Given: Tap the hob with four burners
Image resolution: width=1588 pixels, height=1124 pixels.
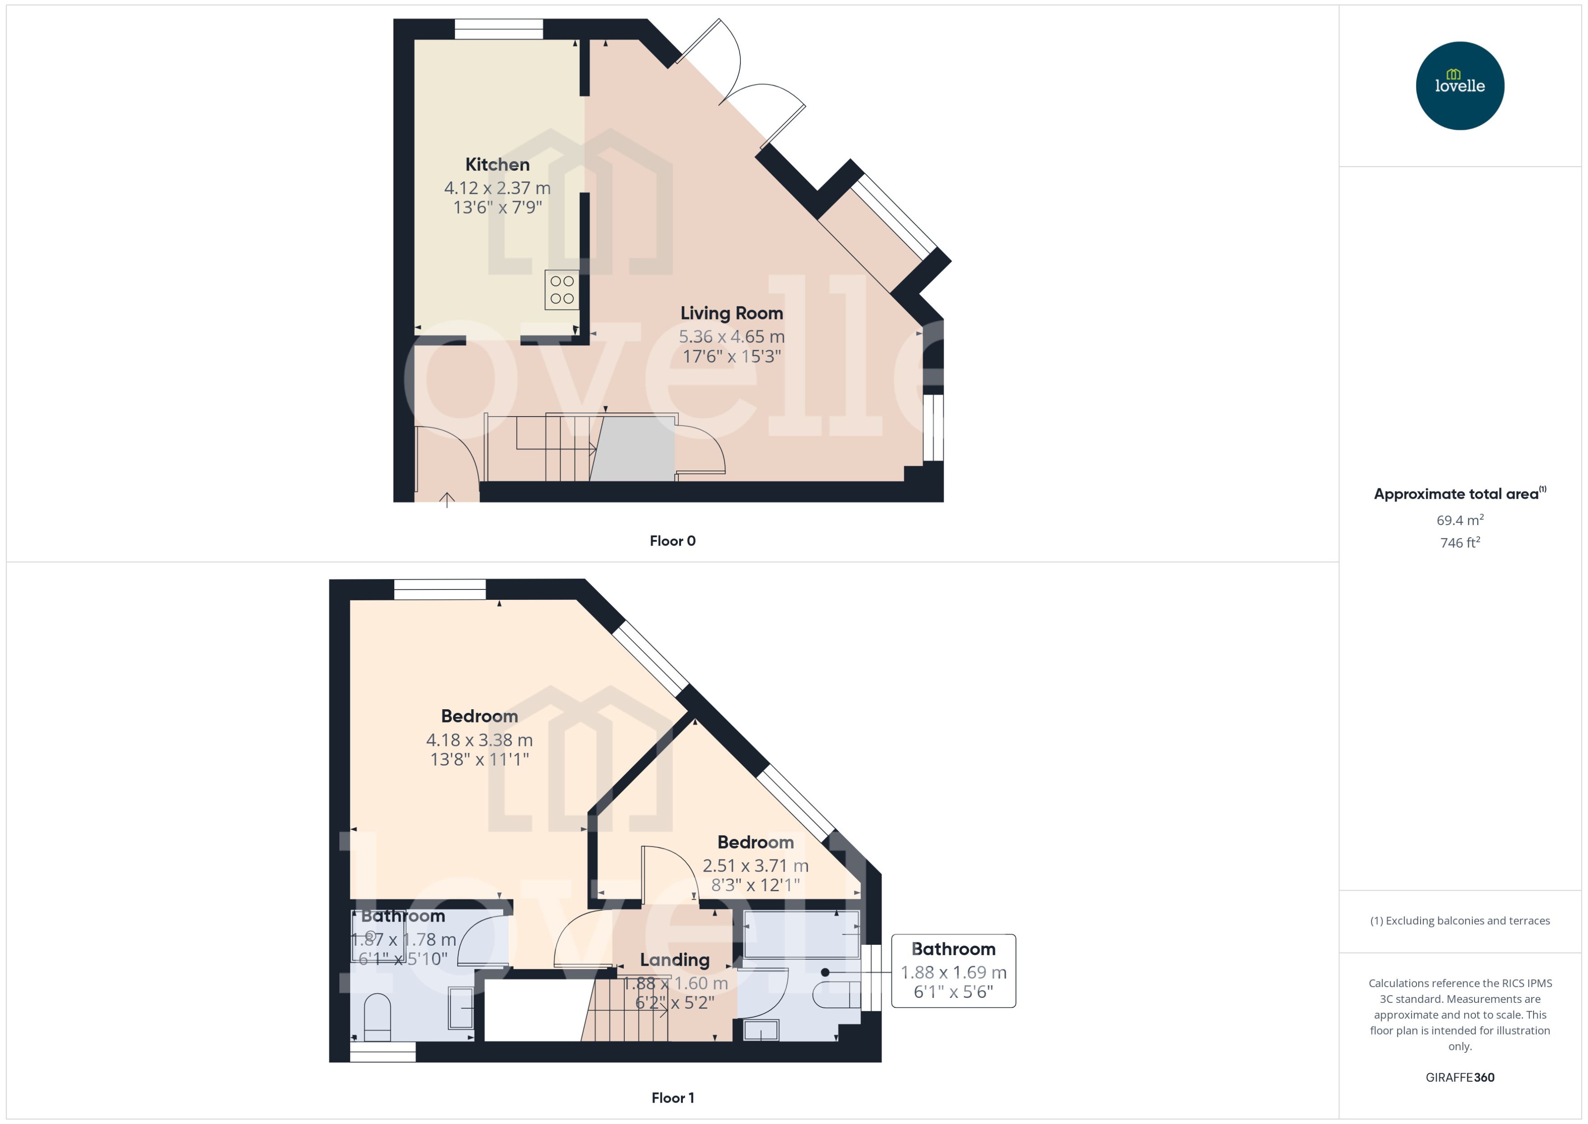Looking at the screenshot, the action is click(x=561, y=290).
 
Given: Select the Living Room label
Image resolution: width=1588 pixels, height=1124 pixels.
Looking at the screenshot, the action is click(x=731, y=314).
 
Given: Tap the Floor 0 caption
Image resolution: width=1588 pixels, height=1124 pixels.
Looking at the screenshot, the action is click(x=672, y=541).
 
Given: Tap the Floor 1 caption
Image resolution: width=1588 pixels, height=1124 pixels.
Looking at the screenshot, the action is click(x=672, y=1098).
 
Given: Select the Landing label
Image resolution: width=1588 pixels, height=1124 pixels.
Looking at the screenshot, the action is click(x=675, y=960).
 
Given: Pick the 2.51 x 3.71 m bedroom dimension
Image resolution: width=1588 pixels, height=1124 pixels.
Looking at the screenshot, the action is click(x=755, y=866).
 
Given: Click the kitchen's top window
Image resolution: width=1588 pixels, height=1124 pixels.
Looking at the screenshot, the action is click(x=498, y=29).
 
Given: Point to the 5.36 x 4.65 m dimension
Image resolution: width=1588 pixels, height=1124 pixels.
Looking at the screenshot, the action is click(x=731, y=337).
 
